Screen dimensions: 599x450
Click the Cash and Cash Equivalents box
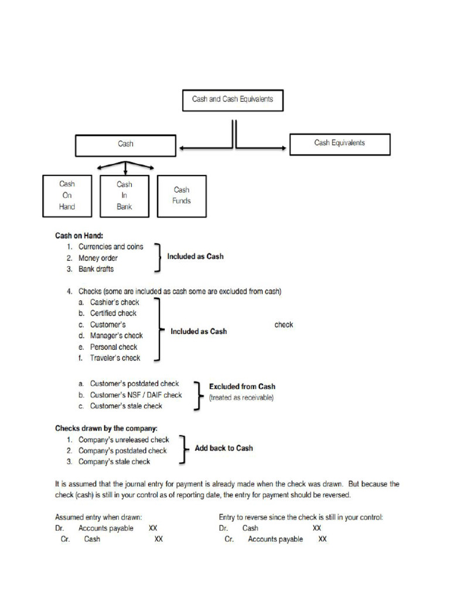tap(233, 100)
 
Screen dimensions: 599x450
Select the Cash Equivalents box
tap(339, 143)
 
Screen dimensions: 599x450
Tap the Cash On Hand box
tap(67, 195)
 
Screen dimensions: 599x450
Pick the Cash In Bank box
tap(124, 195)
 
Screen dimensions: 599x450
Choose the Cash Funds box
tap(182, 195)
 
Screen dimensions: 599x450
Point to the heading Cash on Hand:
tap(79, 236)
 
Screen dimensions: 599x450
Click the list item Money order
tap(98, 258)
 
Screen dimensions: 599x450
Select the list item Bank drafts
tap(96, 269)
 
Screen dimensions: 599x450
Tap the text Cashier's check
tap(114, 302)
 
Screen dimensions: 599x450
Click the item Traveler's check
tap(115, 358)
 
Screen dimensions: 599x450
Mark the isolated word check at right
tap(284, 325)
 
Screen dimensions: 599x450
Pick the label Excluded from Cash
tap(242, 387)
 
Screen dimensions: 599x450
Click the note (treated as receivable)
tap(241, 398)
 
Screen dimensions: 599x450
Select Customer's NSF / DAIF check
tap(135, 395)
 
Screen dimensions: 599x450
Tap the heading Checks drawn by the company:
tap(106, 428)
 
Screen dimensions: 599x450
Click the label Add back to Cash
tap(224, 448)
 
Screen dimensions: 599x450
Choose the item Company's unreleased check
tap(124, 440)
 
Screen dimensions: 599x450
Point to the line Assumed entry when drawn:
tap(98, 517)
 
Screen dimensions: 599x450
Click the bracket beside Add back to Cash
tap(183, 449)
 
